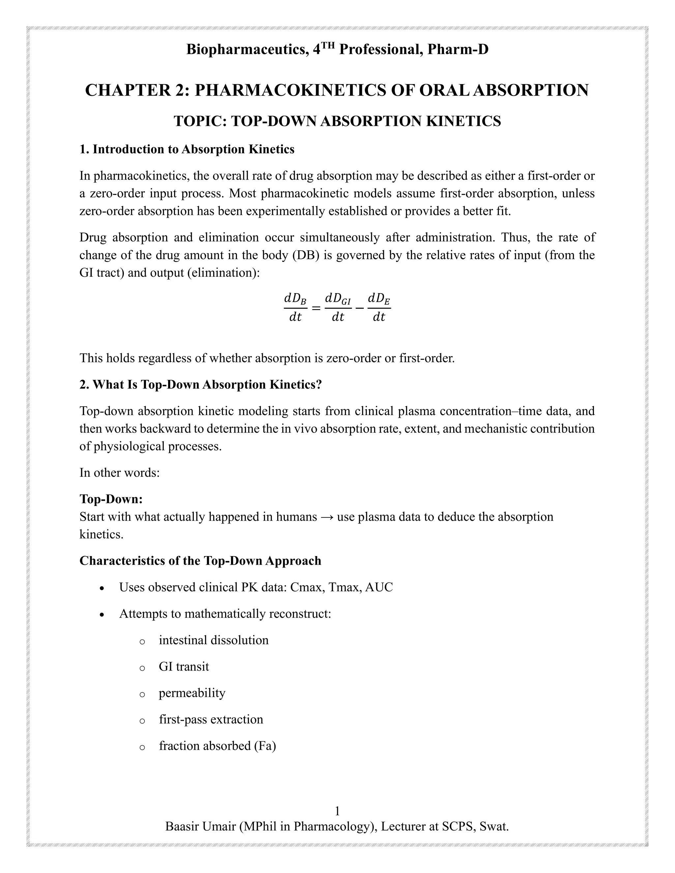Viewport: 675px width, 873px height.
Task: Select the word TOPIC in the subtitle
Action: [198, 121]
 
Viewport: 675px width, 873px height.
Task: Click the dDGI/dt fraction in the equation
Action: [337, 307]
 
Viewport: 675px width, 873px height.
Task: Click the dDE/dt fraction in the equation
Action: [379, 307]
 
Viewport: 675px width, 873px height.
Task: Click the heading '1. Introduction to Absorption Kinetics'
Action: [187, 149]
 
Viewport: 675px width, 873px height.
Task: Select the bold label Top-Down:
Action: [111, 499]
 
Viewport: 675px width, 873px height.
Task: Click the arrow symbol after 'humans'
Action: [327, 517]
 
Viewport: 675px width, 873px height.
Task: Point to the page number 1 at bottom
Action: [337, 811]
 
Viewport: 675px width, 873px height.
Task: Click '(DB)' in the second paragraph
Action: [306, 255]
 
